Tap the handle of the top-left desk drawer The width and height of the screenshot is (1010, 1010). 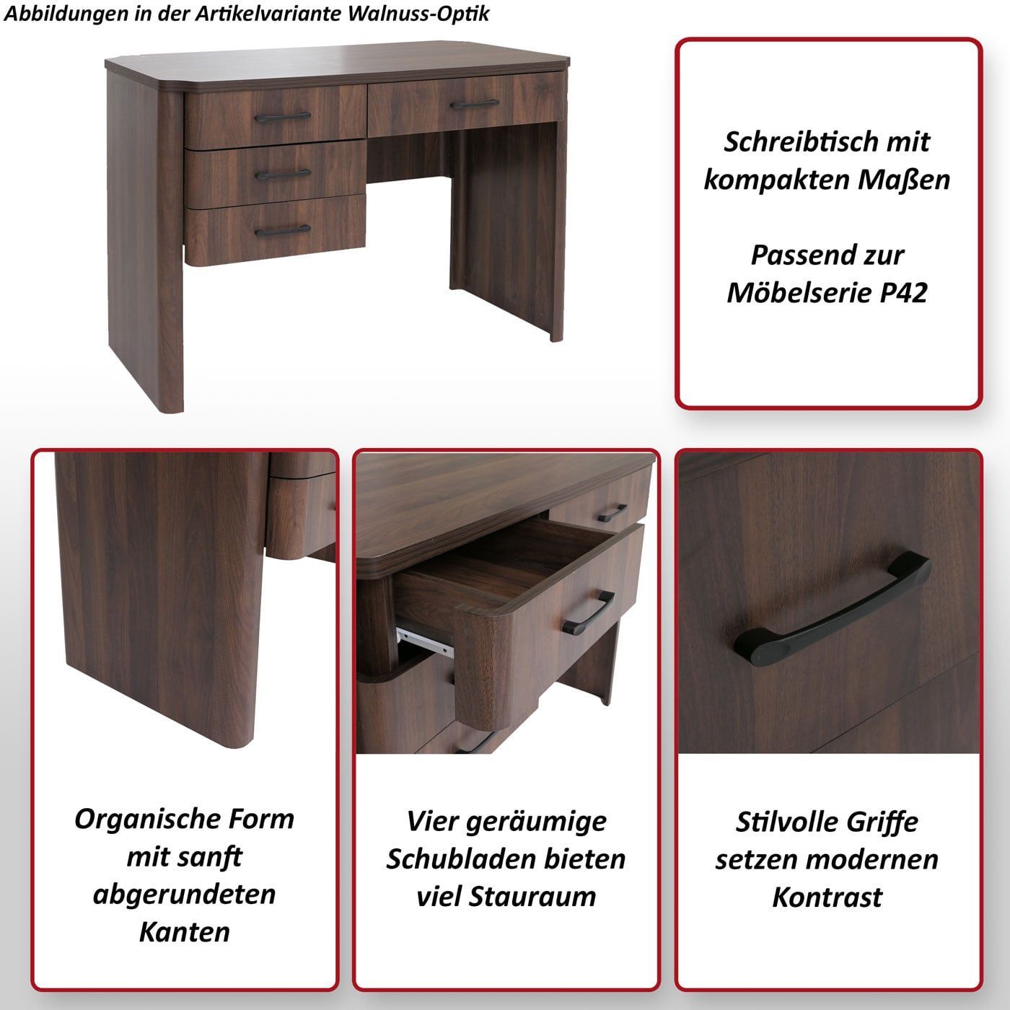click(x=283, y=117)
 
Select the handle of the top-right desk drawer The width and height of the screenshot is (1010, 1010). click(x=475, y=104)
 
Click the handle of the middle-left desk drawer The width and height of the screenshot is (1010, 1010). click(x=283, y=174)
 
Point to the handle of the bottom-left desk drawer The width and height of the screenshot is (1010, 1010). click(x=283, y=230)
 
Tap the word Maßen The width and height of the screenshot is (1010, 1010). click(x=904, y=180)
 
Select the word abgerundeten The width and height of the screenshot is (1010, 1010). click(x=185, y=895)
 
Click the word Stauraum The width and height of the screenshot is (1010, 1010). click(x=532, y=897)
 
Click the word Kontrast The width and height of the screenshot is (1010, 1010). click(x=827, y=897)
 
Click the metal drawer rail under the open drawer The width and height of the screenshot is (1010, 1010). click(x=423, y=641)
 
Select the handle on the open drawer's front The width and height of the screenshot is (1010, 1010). click(x=589, y=613)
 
